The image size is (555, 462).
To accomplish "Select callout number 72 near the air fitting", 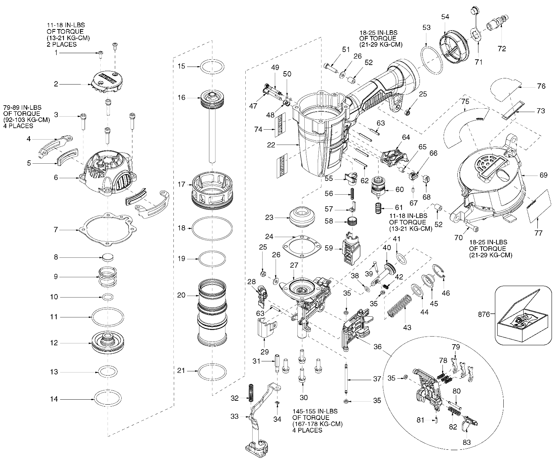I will (501, 49).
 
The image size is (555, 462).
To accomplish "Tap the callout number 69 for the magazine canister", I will (543, 176).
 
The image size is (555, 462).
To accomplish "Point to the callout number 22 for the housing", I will (271, 145).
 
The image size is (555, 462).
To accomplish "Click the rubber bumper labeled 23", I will (302, 217).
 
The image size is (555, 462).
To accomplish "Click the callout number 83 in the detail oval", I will (467, 442).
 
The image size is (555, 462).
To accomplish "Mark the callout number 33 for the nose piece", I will (234, 416).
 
